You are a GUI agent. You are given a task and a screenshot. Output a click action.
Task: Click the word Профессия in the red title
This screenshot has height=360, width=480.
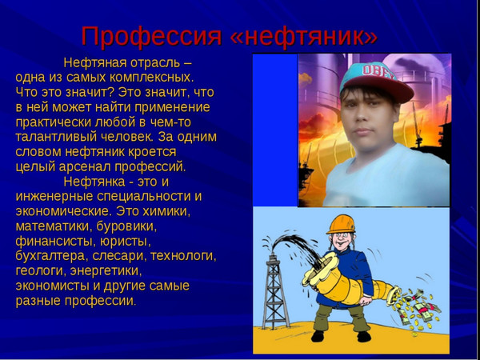[x=151, y=37]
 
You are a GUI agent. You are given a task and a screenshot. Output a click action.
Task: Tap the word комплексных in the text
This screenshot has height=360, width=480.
[x=151, y=78]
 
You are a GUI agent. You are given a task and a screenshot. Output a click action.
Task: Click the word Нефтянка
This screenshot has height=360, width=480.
[x=94, y=182]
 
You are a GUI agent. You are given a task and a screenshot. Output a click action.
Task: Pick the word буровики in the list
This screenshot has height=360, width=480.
[x=126, y=227]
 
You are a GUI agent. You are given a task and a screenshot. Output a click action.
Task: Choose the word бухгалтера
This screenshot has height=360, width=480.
[x=50, y=257]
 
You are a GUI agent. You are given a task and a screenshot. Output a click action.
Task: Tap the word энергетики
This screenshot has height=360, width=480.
[x=106, y=271]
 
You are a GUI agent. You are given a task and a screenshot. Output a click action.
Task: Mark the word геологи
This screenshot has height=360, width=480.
[x=41, y=271]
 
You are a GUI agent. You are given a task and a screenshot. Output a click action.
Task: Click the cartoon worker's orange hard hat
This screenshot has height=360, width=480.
[x=341, y=224]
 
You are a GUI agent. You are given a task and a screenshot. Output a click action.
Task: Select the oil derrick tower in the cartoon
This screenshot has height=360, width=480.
[x=276, y=291]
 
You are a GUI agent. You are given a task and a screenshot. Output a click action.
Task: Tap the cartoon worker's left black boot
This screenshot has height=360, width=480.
[x=318, y=336]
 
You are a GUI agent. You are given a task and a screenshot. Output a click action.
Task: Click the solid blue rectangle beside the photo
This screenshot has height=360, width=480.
[x=275, y=130]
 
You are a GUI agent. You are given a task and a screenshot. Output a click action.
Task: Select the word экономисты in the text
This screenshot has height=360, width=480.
[x=52, y=286]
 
